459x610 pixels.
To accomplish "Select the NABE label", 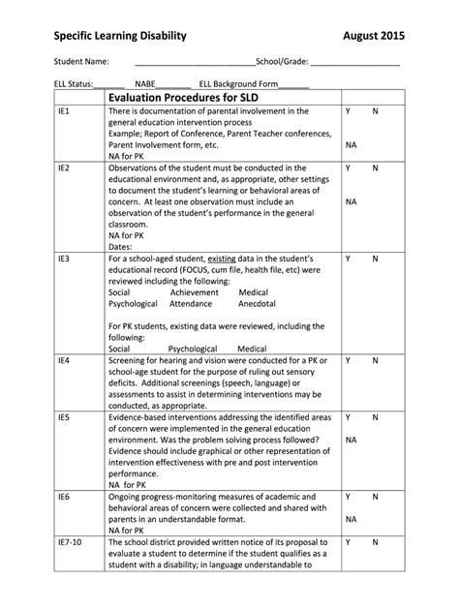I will tap(148, 84).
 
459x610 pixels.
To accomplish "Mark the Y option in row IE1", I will tap(348, 113).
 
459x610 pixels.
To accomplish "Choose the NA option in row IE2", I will tap(352, 202).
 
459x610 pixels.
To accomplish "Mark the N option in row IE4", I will tap(375, 360).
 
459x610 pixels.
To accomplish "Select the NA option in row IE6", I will tap(352, 519).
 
